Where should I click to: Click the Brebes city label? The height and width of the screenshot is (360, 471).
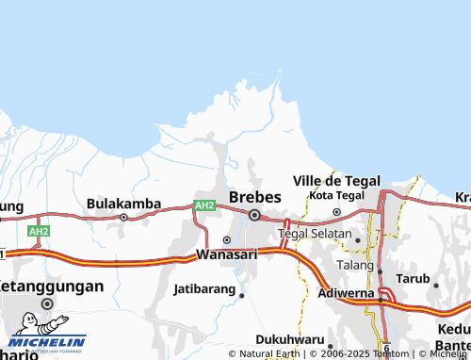[254, 197]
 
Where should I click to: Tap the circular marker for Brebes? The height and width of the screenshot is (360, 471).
[254, 216]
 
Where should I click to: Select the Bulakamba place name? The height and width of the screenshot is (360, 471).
[122, 203]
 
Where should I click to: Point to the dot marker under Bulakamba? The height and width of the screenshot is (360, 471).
[123, 217]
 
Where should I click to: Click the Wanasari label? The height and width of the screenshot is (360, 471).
[226, 255]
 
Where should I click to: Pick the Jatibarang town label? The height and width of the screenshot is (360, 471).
[204, 288]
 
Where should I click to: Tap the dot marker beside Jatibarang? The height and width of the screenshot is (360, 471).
[241, 295]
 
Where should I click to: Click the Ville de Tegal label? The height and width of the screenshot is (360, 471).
[336, 180]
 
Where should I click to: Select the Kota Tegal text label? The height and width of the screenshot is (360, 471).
[336, 195]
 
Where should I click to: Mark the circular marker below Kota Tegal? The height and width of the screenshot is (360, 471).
[336, 211]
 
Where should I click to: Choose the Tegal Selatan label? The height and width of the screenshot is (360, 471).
[314, 233]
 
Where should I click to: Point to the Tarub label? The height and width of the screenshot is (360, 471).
[412, 280]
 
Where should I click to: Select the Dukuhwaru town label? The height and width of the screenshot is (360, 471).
[291, 339]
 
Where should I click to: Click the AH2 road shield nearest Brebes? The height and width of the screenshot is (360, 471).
[204, 205]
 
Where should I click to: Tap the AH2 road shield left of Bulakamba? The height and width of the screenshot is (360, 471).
[39, 231]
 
